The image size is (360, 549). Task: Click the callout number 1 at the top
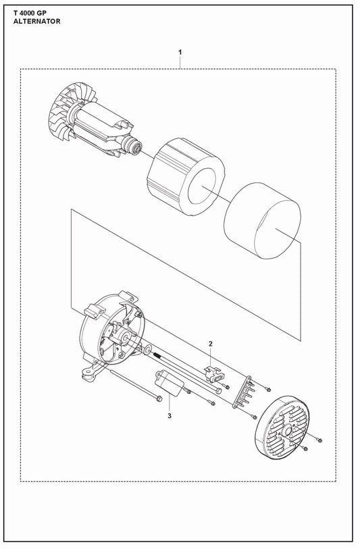(x=180, y=52)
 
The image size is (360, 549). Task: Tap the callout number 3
(x=170, y=415)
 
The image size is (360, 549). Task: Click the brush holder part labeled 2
(x=211, y=371)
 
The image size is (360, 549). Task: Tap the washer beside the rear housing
(x=147, y=351)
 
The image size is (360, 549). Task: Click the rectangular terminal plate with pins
(x=244, y=391)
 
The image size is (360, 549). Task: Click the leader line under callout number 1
(x=180, y=62)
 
